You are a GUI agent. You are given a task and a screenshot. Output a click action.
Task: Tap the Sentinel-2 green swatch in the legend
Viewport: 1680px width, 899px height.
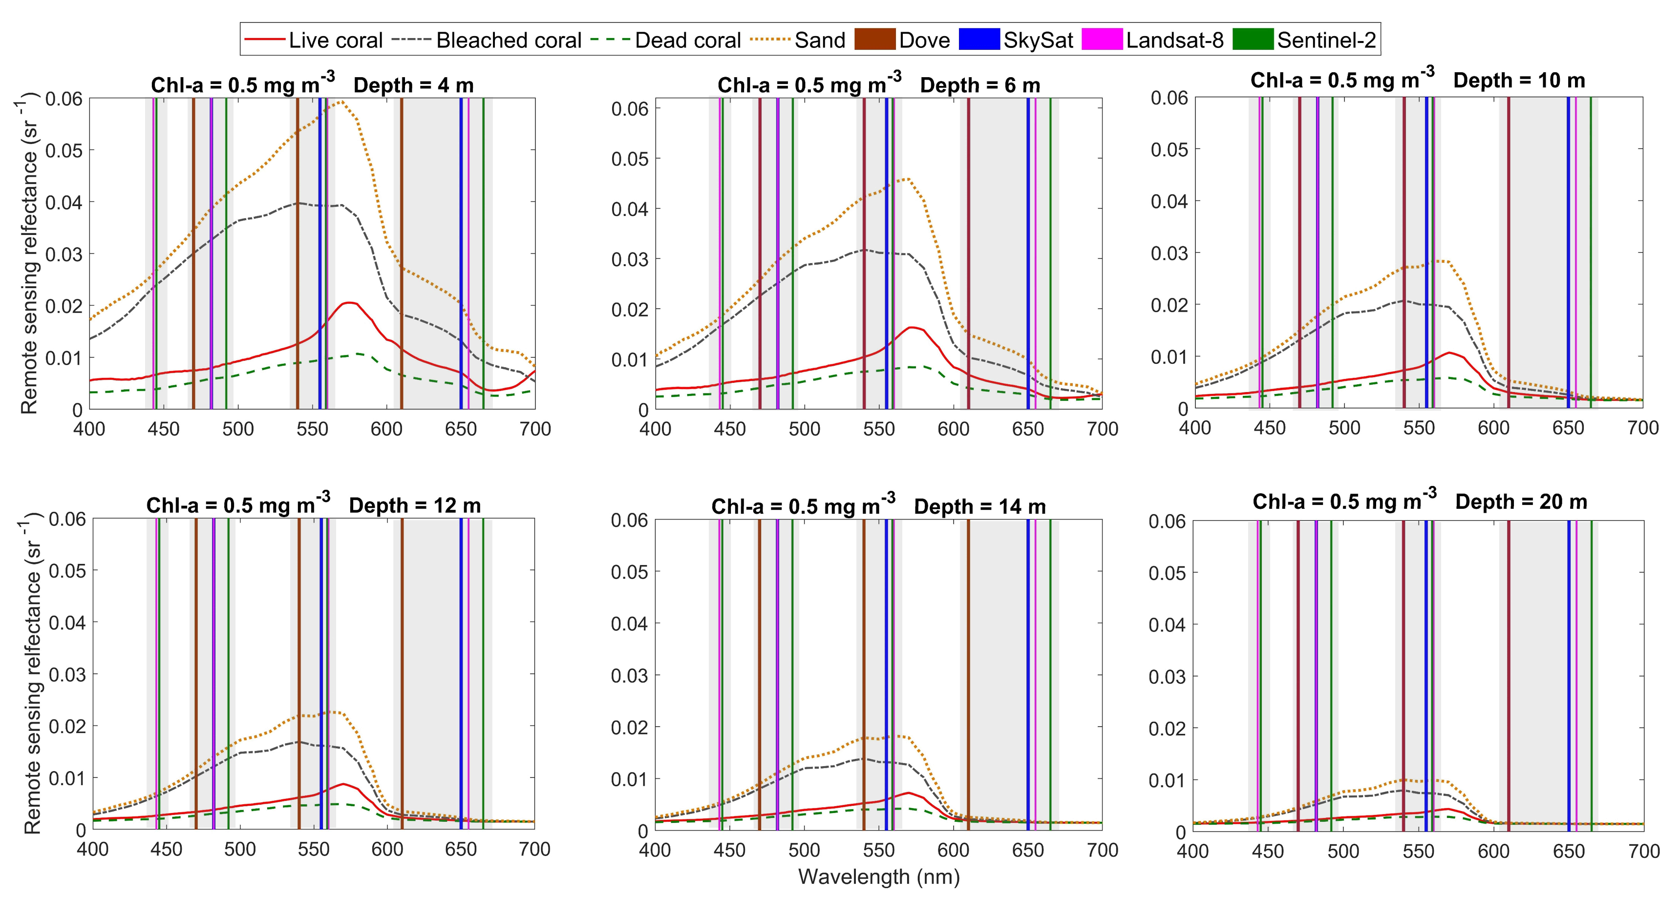(1253, 39)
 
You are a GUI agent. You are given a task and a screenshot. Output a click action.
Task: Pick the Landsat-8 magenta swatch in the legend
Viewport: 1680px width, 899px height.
(1102, 39)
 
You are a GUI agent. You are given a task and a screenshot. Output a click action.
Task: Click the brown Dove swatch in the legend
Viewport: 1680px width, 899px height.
(874, 39)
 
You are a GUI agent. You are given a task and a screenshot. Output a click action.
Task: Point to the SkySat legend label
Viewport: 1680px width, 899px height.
(1038, 41)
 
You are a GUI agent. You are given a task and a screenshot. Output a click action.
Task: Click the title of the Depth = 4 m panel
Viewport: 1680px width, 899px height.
(312, 85)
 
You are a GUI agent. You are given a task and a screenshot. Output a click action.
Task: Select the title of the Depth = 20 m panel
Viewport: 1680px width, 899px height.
(1420, 502)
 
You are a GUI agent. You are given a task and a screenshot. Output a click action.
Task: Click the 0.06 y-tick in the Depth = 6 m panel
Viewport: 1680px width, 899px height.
(630, 109)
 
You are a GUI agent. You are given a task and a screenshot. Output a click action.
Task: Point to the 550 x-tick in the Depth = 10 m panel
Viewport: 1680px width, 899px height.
(1419, 428)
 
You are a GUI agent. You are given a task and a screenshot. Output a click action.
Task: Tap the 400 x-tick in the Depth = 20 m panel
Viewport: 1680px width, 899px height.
(1193, 851)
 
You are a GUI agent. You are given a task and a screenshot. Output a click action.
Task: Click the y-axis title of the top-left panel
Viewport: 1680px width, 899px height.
(29, 254)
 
